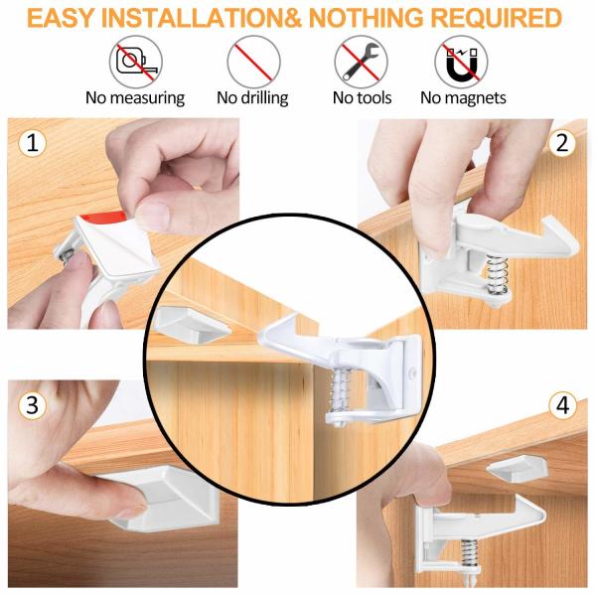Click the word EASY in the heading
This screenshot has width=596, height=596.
click(x=61, y=18)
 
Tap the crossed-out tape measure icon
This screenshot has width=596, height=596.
click(x=136, y=62)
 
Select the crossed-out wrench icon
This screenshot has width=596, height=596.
click(x=362, y=62)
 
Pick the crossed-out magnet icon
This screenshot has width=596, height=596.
click(x=461, y=62)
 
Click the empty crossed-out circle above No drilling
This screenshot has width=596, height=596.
click(x=253, y=62)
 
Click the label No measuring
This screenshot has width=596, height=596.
click(x=135, y=98)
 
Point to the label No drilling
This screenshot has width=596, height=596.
click(x=252, y=98)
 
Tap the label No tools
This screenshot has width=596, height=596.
click(x=362, y=98)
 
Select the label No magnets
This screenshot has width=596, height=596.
click(x=463, y=98)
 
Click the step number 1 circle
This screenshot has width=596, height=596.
click(x=33, y=143)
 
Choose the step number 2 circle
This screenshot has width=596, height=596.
click(x=562, y=142)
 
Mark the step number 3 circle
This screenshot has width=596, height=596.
click(x=33, y=404)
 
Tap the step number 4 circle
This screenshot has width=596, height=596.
click(x=562, y=405)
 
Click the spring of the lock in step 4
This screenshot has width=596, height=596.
click(x=471, y=554)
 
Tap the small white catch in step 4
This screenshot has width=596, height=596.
click(x=518, y=469)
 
